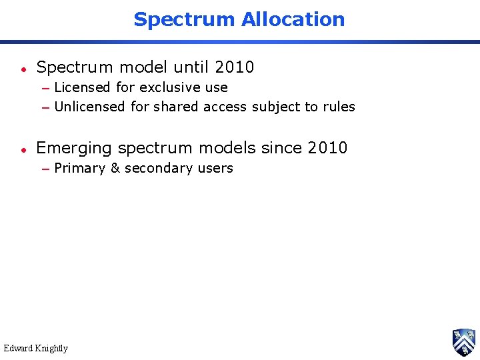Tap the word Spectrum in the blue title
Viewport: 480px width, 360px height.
coord(185,19)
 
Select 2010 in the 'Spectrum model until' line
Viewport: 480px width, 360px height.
coord(235,67)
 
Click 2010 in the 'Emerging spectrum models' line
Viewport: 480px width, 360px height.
coord(328,148)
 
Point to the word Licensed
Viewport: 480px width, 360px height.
coord(82,87)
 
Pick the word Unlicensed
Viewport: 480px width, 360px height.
coord(89,107)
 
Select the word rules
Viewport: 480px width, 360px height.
coord(339,107)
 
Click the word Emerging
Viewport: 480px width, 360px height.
coord(74,148)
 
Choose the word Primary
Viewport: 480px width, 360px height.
coord(79,168)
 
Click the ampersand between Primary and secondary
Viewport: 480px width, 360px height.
coord(115,168)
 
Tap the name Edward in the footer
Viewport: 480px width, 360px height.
coord(18,348)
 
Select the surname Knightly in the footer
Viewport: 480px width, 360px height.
coord(52,348)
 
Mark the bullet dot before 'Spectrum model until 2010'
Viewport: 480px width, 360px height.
coord(23,69)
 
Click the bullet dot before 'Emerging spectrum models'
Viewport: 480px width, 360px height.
coord(23,149)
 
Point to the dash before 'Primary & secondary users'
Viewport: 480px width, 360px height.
coord(45,169)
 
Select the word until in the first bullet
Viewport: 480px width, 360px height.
coord(191,67)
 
